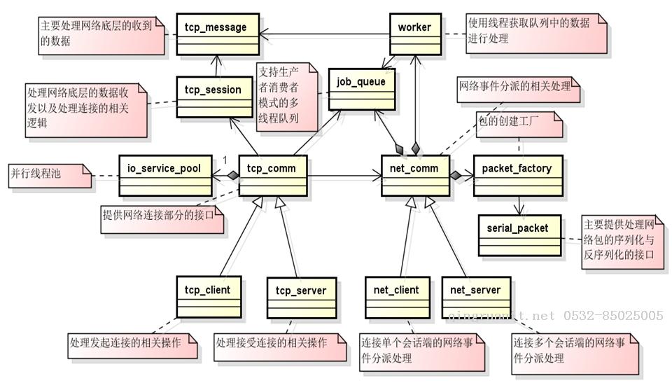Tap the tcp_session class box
213,97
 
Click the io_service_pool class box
164,175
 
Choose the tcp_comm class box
273,175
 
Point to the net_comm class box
415,175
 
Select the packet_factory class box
517,175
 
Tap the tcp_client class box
203,297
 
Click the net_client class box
397,297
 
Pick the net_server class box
476,297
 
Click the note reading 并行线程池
49,175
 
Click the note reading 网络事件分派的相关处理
518,89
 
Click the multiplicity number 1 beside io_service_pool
225,160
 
